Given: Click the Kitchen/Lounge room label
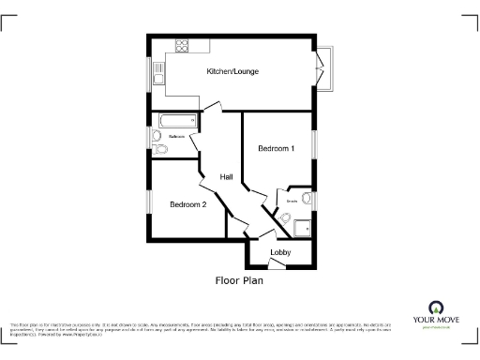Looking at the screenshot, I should point(232,71).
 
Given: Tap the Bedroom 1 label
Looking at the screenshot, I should point(277,148).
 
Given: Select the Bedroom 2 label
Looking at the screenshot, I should point(187,204).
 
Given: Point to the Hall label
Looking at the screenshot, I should point(226,177).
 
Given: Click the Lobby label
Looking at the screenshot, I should point(280,253).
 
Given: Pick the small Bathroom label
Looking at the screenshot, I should point(175,136).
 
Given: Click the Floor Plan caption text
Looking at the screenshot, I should point(239,279).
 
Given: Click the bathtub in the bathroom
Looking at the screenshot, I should point(177,120).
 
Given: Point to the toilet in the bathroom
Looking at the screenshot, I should point(161,149).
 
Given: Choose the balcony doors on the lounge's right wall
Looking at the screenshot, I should point(322,68).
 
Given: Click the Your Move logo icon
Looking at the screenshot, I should point(435,307).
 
